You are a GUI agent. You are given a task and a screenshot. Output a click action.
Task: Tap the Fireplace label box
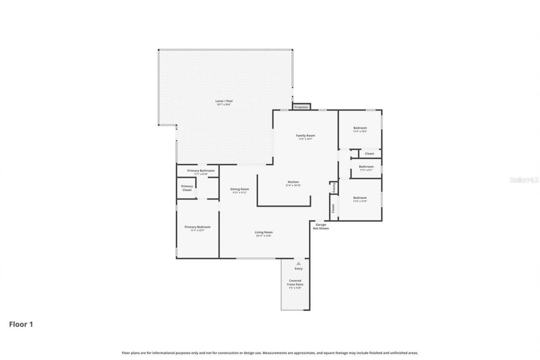tap(301, 107)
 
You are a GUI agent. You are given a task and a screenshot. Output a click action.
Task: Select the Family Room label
tap(305, 136)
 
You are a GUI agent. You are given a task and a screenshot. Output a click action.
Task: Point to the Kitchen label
tap(292, 182)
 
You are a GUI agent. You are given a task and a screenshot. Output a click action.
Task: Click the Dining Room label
tap(240, 189)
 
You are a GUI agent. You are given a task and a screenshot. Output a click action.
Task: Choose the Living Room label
tap(264, 233)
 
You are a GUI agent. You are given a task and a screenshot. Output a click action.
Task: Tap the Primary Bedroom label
tap(197, 227)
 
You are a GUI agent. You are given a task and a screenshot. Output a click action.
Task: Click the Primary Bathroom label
tap(201, 171)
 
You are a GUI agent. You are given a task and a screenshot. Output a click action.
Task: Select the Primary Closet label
tap(187, 188)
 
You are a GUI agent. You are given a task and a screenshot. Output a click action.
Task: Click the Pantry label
tap(333, 187)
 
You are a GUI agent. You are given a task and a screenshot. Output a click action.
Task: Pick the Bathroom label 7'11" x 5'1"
tap(366, 167)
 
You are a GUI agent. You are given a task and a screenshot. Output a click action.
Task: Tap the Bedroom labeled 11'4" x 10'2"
tap(360, 128)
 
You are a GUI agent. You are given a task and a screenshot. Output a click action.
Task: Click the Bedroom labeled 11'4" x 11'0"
tap(360, 198)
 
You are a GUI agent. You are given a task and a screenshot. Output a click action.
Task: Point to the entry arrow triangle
tap(299, 263)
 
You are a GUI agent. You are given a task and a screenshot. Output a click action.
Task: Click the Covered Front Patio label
tap(295, 283)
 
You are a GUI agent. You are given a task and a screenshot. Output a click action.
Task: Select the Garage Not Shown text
tap(321, 227)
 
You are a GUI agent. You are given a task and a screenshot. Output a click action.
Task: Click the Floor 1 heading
tap(21, 324)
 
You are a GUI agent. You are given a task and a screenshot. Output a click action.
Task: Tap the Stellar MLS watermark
tap(524, 180)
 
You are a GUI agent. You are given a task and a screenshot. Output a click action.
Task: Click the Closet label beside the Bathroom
tap(369, 154)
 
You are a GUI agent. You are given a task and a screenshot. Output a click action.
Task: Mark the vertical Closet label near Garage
tap(333, 208)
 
